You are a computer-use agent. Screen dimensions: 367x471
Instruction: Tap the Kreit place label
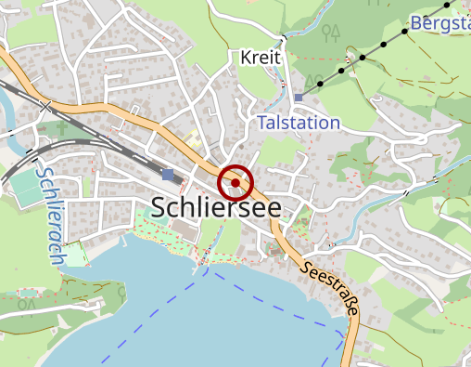pos(260,58)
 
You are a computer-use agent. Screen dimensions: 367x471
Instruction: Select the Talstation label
pos(299,123)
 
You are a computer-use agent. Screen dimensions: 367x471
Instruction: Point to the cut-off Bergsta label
pos(439,23)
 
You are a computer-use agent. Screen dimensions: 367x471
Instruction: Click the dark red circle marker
pos(235,182)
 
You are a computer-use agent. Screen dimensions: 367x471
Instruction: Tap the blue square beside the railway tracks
pos(168,175)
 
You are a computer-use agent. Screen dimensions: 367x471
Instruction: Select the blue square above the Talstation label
pos(299,98)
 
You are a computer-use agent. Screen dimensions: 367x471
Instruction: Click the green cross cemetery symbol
pos(62,127)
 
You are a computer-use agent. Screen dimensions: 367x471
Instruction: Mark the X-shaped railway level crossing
pos(46,107)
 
